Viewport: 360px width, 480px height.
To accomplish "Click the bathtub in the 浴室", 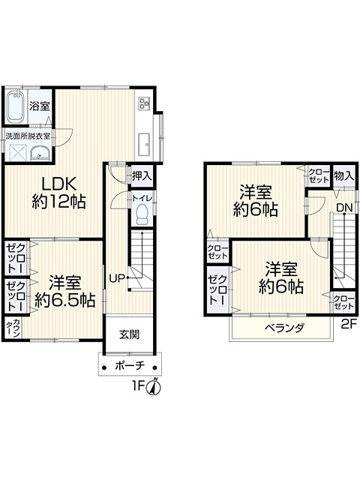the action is (x=16, y=106).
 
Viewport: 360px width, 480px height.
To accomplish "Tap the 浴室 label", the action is (x=40, y=106).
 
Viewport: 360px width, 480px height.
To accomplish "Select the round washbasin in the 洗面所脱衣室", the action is (x=40, y=153).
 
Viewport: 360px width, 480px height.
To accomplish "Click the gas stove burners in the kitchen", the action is (x=143, y=103).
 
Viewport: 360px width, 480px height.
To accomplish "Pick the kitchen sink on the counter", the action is (x=144, y=145).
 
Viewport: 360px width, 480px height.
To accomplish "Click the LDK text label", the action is (x=58, y=184).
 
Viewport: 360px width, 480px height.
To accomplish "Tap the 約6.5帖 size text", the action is (x=64, y=301).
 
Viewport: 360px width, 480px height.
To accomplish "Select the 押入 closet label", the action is (x=142, y=175).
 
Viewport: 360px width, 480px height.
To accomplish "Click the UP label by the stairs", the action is (x=117, y=278).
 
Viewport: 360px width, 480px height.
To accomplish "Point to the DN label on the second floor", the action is (x=345, y=208).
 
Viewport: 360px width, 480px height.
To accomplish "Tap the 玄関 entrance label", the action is (x=129, y=334).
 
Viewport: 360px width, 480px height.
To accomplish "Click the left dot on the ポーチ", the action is (x=104, y=367).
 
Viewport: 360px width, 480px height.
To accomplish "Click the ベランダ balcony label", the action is (x=284, y=328).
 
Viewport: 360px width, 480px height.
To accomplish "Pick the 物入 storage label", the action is (x=344, y=175).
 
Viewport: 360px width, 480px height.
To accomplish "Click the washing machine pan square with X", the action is (x=18, y=152).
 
